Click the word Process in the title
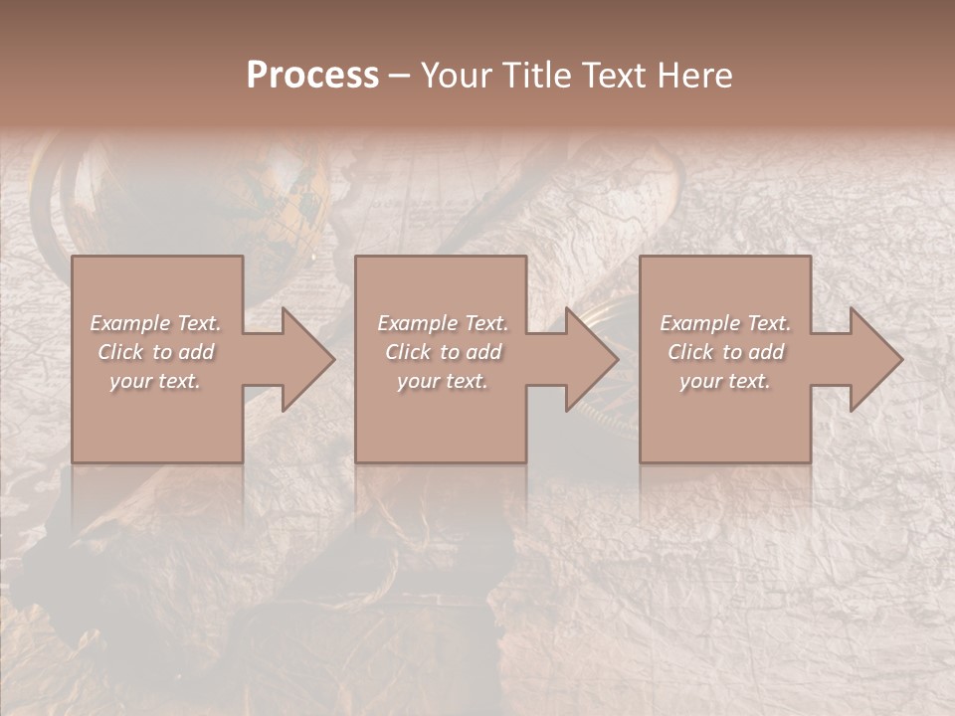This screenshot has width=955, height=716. point(312,76)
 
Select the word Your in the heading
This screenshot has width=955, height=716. point(459,76)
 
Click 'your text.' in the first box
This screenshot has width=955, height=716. point(155,381)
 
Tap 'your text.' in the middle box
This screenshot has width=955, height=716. point(442,381)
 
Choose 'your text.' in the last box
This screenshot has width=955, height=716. point(724,381)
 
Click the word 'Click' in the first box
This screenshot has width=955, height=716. point(120,352)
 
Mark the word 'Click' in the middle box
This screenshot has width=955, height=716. point(408,352)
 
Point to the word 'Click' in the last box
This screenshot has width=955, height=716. point(690,352)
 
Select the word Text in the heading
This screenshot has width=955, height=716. point(611,76)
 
